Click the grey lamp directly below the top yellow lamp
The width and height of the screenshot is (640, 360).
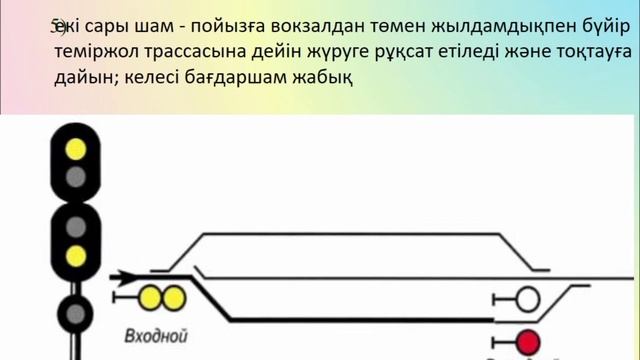coord(74,178)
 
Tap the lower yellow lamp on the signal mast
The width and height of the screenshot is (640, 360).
coord(74,255)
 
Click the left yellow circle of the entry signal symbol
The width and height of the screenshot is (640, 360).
coord(152,297)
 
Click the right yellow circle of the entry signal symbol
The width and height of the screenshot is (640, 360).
coord(172,297)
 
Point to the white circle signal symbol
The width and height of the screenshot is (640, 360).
coord(526,297)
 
